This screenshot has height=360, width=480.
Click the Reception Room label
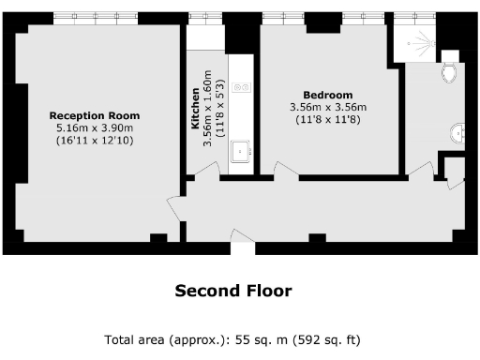point(94,115)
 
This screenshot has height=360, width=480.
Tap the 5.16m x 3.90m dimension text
point(94,127)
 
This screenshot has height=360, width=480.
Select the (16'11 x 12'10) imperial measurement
point(94,140)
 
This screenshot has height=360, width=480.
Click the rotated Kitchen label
point(195,110)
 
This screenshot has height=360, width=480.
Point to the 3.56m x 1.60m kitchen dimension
point(207,110)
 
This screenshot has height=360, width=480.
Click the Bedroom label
point(327,95)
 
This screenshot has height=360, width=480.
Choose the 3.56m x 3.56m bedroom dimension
point(327,107)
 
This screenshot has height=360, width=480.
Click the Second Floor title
point(232,291)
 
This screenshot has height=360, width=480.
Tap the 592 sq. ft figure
point(322,339)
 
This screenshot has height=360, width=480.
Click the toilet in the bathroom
point(449,73)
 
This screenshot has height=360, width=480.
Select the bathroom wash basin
point(457,133)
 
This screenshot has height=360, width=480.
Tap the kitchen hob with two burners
point(242,87)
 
